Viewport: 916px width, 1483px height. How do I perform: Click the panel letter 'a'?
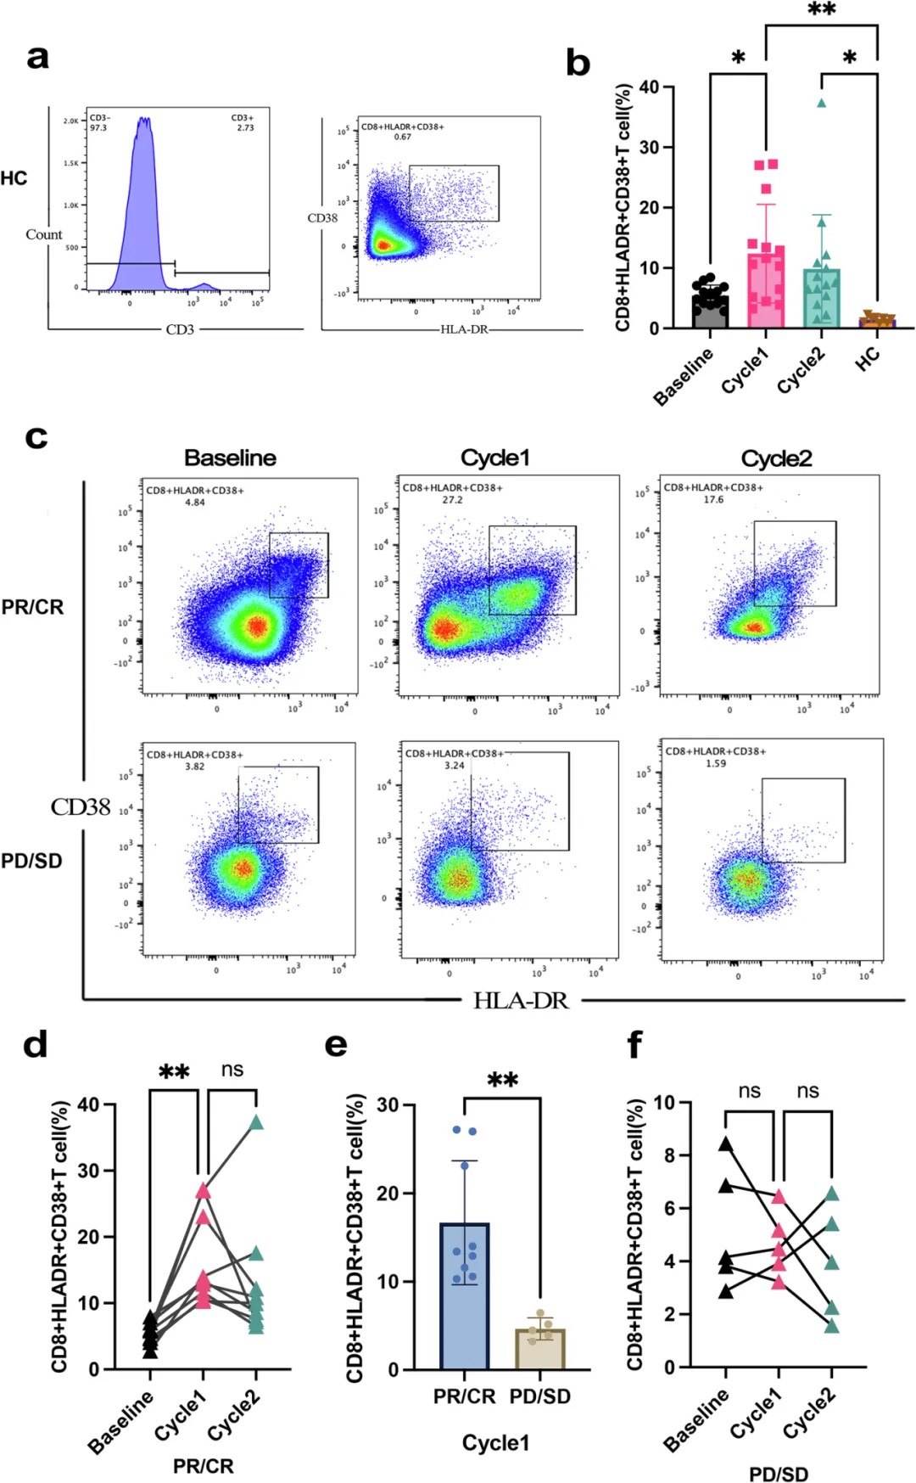[37, 58]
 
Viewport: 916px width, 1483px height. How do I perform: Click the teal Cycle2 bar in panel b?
[821, 298]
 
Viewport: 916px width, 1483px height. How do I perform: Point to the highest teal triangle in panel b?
[821, 104]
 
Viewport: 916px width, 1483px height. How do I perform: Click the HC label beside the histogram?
[14, 178]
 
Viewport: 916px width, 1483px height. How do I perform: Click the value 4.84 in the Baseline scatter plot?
[195, 503]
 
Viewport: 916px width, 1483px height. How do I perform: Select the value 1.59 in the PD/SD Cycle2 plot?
[716, 763]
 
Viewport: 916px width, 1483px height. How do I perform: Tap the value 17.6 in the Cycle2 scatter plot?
[713, 500]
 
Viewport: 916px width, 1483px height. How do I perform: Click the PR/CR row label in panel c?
[32, 607]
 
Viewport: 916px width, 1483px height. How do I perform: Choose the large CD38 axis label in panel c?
[81, 807]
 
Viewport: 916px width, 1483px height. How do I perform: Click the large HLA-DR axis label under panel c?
[521, 1001]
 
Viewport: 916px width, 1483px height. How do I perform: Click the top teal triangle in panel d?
[256, 1123]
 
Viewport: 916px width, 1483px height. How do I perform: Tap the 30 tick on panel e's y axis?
[389, 1104]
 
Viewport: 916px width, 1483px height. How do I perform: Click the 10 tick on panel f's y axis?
[664, 1103]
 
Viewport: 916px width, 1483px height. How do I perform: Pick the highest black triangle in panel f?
[726, 1144]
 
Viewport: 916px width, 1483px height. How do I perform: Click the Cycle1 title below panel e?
[496, 1443]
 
